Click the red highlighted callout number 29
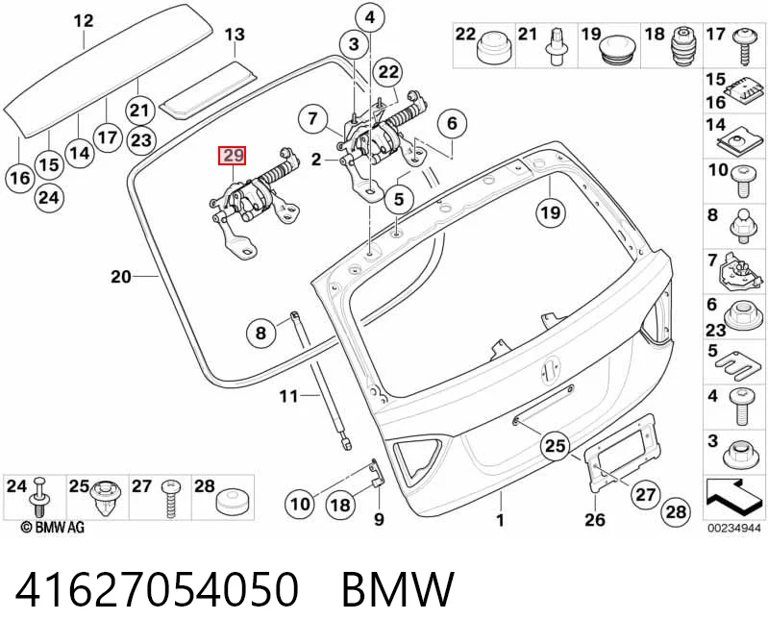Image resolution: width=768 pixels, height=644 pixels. coord(233,157)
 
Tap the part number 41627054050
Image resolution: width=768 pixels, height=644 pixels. coord(157,588)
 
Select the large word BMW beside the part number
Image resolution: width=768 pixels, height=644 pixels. coord(398,589)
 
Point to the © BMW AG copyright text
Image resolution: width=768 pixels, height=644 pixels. coord(53,528)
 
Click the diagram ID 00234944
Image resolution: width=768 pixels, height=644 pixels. coord(733,528)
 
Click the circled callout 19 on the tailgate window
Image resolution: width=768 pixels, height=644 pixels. coord(551,212)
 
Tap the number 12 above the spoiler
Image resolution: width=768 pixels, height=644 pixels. coord(84,21)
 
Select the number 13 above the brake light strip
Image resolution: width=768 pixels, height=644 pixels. coord(235,35)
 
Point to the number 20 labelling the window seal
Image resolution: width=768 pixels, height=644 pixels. coord(121,277)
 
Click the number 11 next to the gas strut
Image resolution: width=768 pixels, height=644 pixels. coord(288,395)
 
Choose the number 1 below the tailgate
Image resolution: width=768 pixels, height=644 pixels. coord(500,520)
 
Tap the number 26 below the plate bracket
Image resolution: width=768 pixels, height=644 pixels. coord(595,519)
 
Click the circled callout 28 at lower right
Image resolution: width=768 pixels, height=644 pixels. coord(676,512)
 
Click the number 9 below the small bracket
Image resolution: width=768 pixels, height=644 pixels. coord(379,519)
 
